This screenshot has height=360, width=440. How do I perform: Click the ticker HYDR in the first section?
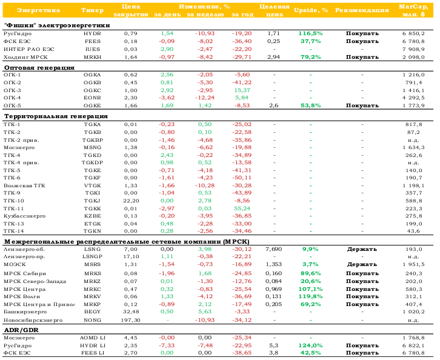pyautogui.click(x=92, y=33)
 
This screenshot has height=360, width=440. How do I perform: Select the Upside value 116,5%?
pyautogui.click(x=310, y=33)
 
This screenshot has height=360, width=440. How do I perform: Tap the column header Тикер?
pyautogui.click(x=92, y=10)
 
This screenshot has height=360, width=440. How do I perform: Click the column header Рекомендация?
pyautogui.click(x=362, y=10)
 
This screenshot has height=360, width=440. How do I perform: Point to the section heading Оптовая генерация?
pyautogui.click(x=39, y=68)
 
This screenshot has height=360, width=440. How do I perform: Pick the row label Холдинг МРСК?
pyautogui.click(x=25, y=57)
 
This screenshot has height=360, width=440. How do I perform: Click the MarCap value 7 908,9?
pyautogui.click(x=413, y=49)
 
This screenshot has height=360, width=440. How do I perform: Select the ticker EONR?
pyautogui.click(x=92, y=98)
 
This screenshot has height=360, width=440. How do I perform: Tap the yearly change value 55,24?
pyautogui.click(x=242, y=208)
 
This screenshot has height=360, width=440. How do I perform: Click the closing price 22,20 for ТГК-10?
pyautogui.click(x=131, y=201)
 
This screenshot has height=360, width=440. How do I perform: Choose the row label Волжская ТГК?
pyautogui.click(x=24, y=185)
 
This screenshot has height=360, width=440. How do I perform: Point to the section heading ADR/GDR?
pyautogui.click(x=21, y=330)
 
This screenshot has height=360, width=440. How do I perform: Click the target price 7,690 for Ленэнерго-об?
pyautogui.click(x=273, y=249)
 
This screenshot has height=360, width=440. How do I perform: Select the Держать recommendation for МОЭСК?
pyautogui.click(x=362, y=264)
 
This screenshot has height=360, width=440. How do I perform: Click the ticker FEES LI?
pyautogui.click(x=92, y=353)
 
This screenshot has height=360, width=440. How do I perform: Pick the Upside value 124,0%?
pyautogui.click(x=310, y=345)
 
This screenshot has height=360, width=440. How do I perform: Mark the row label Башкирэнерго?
pyautogui.click(x=25, y=312)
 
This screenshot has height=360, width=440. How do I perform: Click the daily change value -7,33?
pyautogui.click(x=167, y=345)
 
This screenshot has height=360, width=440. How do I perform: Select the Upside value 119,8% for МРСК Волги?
pyautogui.click(x=310, y=296)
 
